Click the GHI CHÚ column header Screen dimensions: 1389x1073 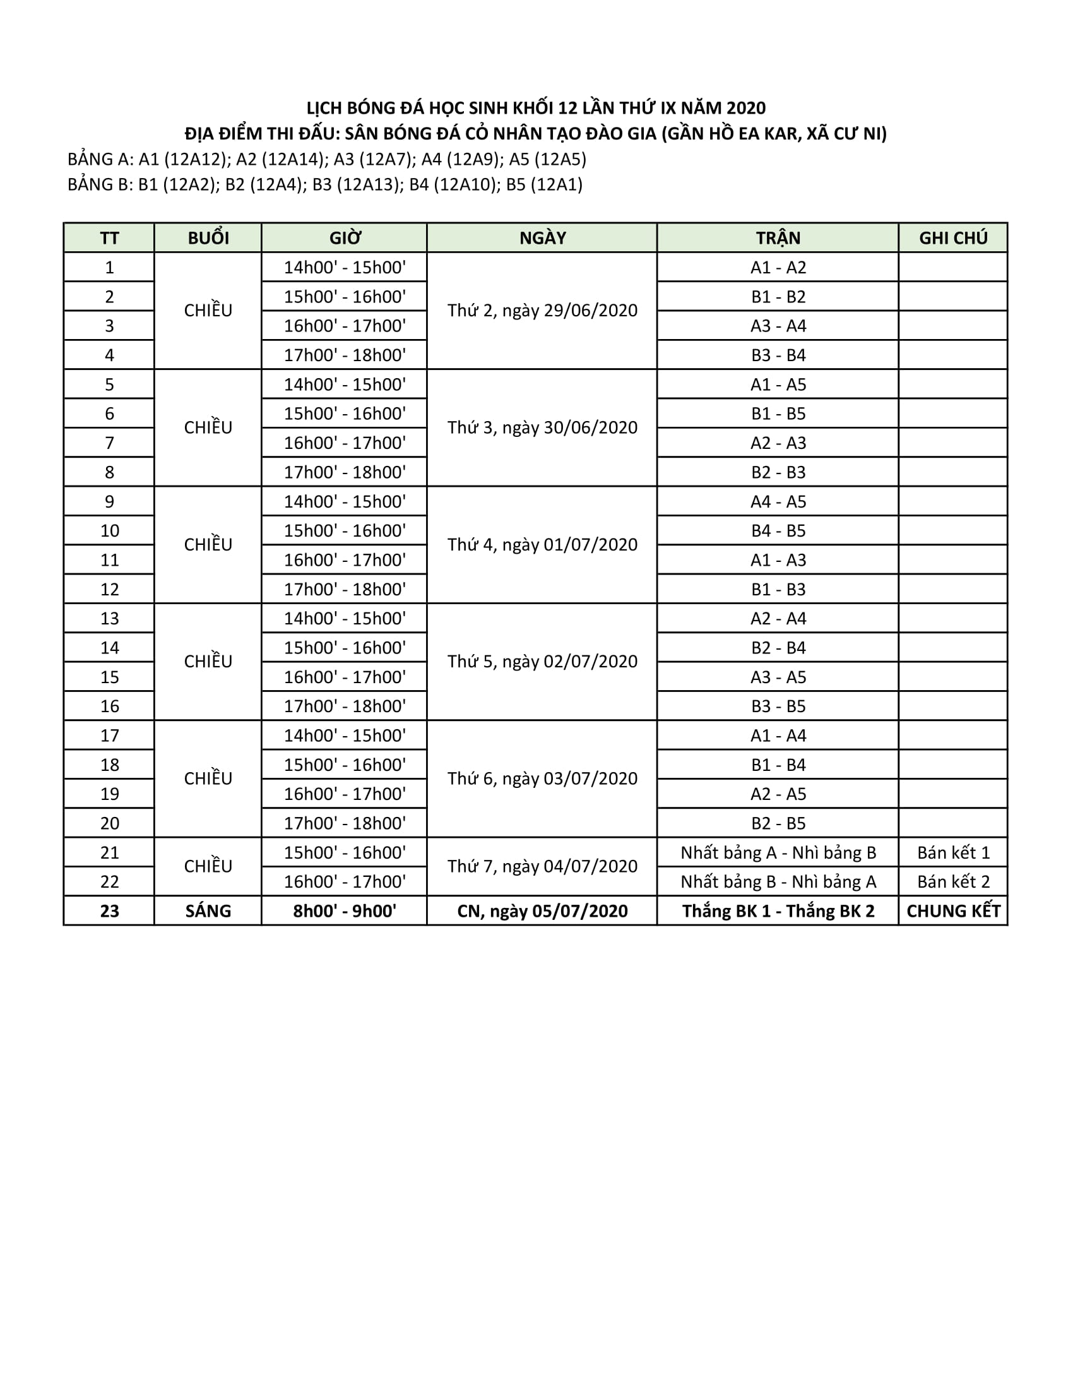click(x=953, y=238)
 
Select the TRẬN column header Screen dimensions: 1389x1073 click(x=778, y=238)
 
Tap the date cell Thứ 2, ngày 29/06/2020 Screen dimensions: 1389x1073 click(x=542, y=311)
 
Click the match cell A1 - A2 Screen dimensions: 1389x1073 click(x=778, y=267)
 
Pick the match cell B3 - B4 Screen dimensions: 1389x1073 click(x=778, y=355)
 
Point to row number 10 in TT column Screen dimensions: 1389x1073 click(x=109, y=530)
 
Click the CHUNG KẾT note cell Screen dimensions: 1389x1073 click(x=953, y=910)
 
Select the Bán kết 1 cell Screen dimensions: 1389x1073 click(x=953, y=852)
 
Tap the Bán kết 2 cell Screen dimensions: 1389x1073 click(x=953, y=881)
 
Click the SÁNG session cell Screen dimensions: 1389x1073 click(x=208, y=910)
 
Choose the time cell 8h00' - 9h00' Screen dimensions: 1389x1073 click(x=345, y=910)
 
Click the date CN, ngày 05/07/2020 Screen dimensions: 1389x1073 click(x=542, y=910)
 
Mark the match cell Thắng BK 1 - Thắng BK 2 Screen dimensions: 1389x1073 click(x=778, y=910)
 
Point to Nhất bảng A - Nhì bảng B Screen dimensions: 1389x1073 click(x=778, y=852)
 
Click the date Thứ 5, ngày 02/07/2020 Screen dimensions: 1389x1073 click(x=542, y=662)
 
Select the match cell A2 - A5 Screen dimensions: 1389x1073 click(x=778, y=794)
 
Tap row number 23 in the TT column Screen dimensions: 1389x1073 click(x=109, y=910)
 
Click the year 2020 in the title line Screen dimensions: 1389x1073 click(x=745, y=108)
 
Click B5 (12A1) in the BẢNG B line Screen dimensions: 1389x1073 click(x=544, y=184)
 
